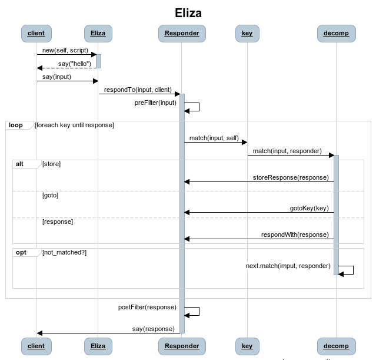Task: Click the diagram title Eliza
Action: pyautogui.click(x=188, y=12)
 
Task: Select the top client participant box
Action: pyautogui.click(x=36, y=33)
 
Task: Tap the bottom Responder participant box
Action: pyautogui.click(x=181, y=346)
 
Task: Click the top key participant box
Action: pyautogui.click(x=247, y=33)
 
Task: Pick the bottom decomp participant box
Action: pyautogui.click(x=336, y=346)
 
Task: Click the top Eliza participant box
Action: pyautogui.click(x=98, y=33)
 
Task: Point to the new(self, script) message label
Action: pyautogui.click(x=65, y=51)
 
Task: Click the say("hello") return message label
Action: pyautogui.click(x=75, y=64)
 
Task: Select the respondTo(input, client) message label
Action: pyautogui.click(x=138, y=90)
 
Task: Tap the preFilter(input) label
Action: pyautogui.click(x=155, y=103)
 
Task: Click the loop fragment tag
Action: pyautogui.click(x=15, y=125)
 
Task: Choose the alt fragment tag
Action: pyautogui.click(x=20, y=164)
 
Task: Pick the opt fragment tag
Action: pyautogui.click(x=21, y=252)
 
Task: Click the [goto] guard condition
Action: pyautogui.click(x=50, y=195)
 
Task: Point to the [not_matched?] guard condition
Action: pyautogui.click(x=64, y=252)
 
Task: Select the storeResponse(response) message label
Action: pyautogui.click(x=291, y=177)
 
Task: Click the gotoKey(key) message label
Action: pyautogui.click(x=309, y=209)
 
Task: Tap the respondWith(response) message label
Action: pyautogui.click(x=295, y=235)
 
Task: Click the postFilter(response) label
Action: pyautogui.click(x=147, y=307)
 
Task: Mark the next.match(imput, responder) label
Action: pyautogui.click(x=288, y=266)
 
